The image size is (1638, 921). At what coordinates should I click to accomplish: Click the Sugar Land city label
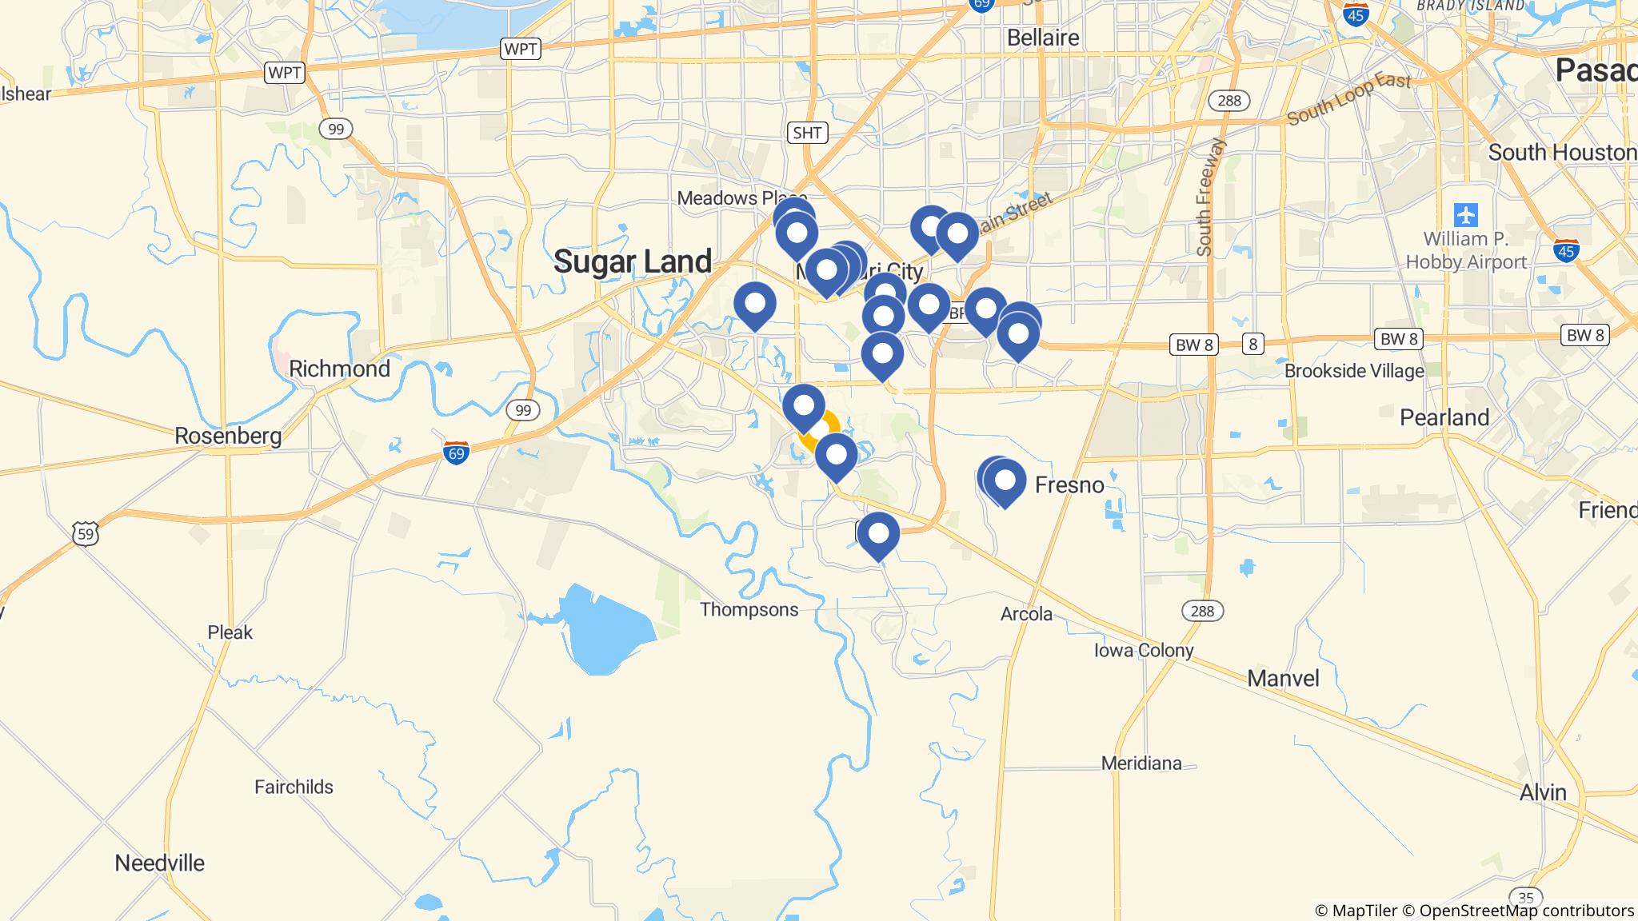633,262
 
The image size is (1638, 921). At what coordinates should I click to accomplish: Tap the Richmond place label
339,369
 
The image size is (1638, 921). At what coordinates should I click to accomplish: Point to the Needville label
160,863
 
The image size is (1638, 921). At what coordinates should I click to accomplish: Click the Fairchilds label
294,787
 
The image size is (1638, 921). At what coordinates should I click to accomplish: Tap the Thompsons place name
749,610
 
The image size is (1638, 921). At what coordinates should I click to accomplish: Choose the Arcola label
1026,614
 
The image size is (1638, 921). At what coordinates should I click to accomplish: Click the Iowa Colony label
1144,651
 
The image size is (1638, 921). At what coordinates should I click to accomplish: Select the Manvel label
1283,679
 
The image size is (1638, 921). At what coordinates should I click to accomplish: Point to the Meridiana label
1141,764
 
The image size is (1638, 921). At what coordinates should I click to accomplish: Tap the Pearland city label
1444,418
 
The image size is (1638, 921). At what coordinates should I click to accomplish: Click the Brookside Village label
1354,371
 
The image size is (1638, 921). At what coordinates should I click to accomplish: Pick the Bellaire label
1043,38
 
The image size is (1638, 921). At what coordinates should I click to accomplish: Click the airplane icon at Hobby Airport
1466,215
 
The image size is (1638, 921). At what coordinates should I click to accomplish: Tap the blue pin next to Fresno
1005,481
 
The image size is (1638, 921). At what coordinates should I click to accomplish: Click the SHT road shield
806,133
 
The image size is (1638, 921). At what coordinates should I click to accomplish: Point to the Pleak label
230,632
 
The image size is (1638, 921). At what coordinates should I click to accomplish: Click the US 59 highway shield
86,533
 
